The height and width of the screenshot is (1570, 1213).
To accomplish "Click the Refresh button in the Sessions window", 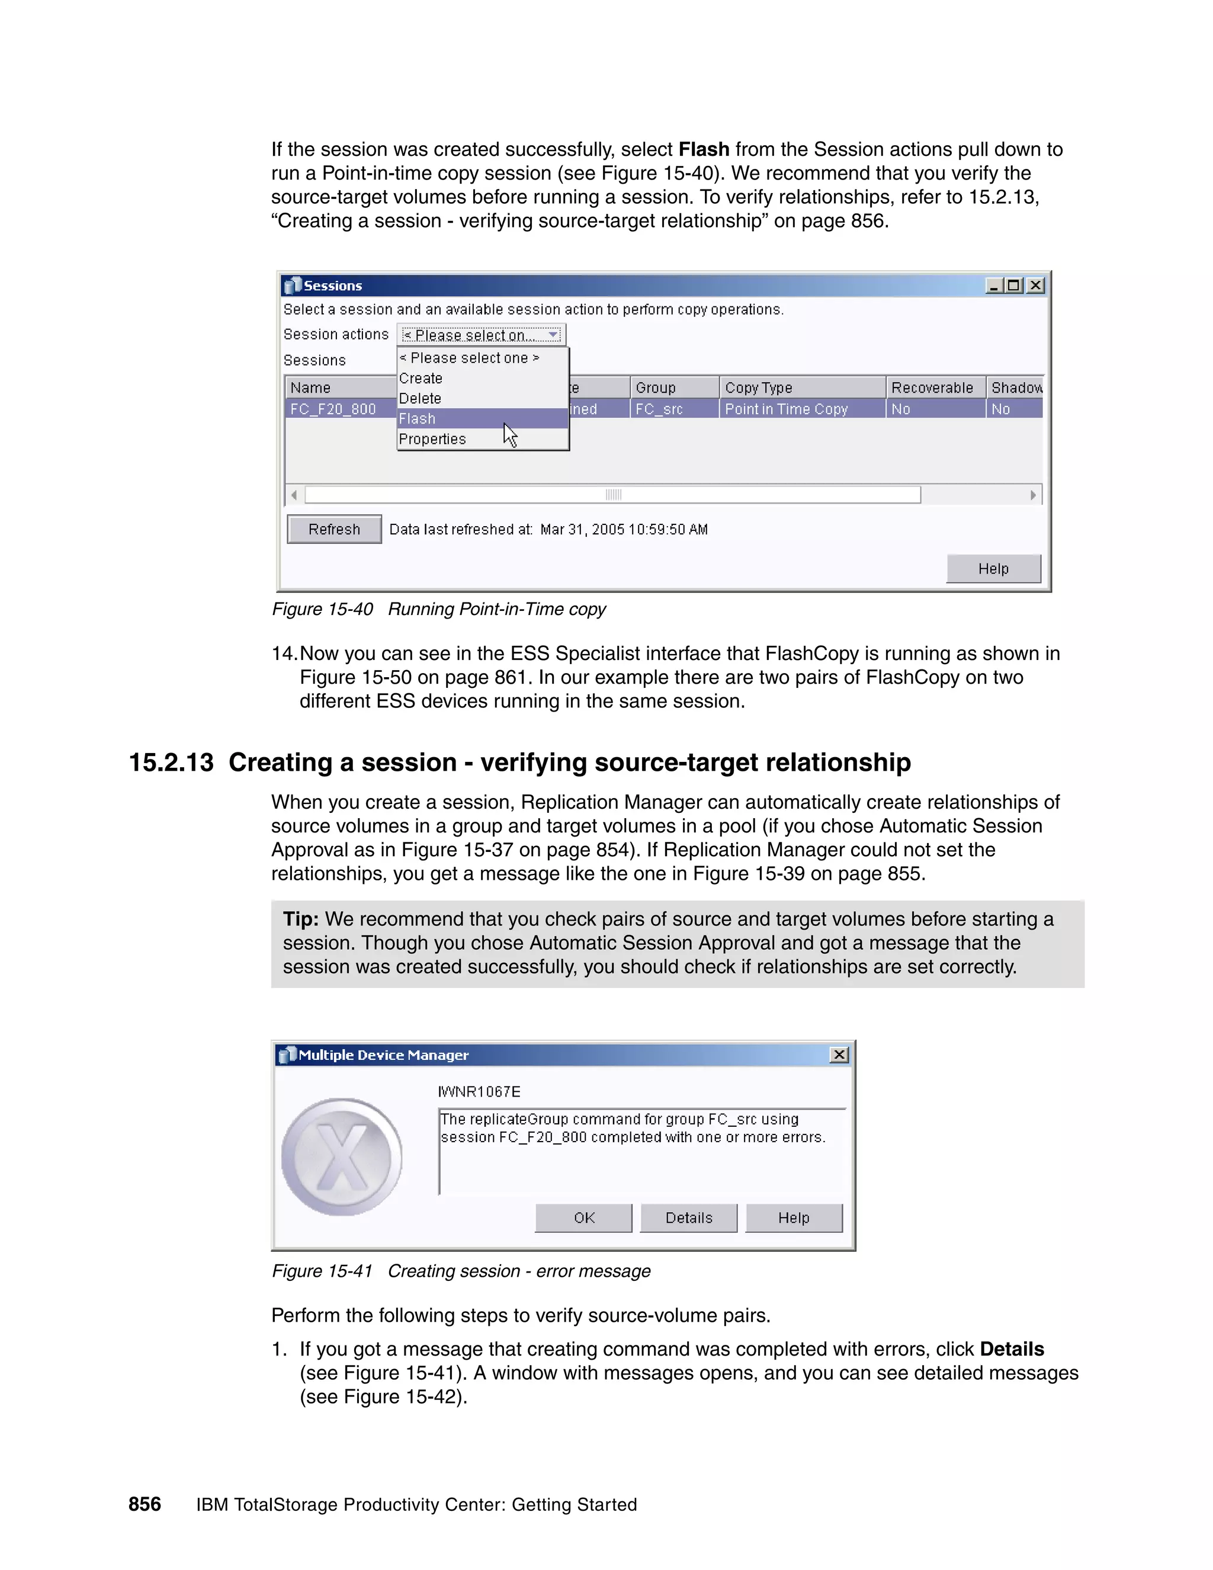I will [334, 529].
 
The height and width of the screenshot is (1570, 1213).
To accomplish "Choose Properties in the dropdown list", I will [432, 438].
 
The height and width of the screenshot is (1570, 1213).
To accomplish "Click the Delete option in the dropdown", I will [420, 398].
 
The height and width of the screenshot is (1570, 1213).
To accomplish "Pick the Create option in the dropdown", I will [421, 378].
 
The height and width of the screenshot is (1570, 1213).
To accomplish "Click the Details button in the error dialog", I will [688, 1217].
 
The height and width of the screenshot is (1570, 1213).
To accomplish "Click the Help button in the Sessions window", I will [993, 569].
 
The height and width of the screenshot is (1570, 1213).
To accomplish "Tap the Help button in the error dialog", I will [793, 1217].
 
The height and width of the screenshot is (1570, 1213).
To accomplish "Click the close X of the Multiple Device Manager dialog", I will [839, 1055].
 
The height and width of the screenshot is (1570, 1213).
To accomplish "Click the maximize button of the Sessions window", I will [1014, 286].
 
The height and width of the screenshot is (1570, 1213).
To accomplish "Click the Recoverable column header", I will [932, 387].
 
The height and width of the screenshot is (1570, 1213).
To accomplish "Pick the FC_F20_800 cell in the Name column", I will [333, 409].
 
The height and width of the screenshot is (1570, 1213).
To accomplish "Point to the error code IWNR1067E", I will [479, 1091].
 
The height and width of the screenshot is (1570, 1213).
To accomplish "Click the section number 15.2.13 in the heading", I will [171, 762].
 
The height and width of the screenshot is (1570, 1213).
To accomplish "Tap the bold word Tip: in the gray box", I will [300, 919].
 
